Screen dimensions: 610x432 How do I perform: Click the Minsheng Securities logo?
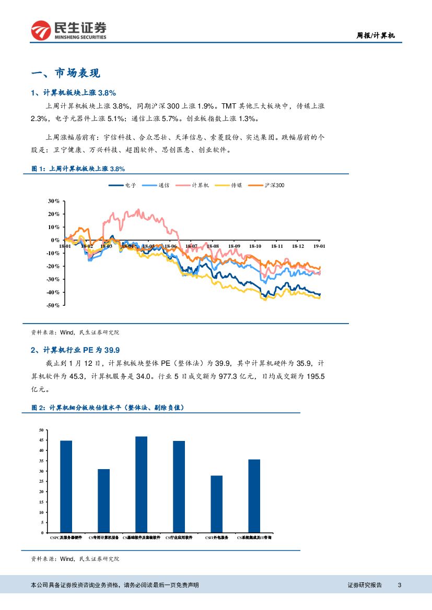coord(68,31)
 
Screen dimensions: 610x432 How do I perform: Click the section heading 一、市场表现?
coord(65,73)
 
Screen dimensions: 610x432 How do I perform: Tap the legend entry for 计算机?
coord(193,185)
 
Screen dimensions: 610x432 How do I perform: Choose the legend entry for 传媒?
coord(229,185)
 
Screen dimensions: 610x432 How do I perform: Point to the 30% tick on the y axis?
coord(53,201)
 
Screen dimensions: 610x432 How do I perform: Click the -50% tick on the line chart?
coord(53,305)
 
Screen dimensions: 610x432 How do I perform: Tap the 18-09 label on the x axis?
coord(234,246)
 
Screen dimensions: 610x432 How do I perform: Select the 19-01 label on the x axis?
coord(319,246)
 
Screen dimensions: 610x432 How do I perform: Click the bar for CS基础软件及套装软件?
coord(141,484)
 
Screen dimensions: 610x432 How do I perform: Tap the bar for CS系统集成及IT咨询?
coord(254,496)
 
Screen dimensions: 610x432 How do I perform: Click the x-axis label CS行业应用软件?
coord(179,537)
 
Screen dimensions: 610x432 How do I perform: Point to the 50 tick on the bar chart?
coord(41,430)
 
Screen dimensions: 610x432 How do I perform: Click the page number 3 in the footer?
coord(400,585)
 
